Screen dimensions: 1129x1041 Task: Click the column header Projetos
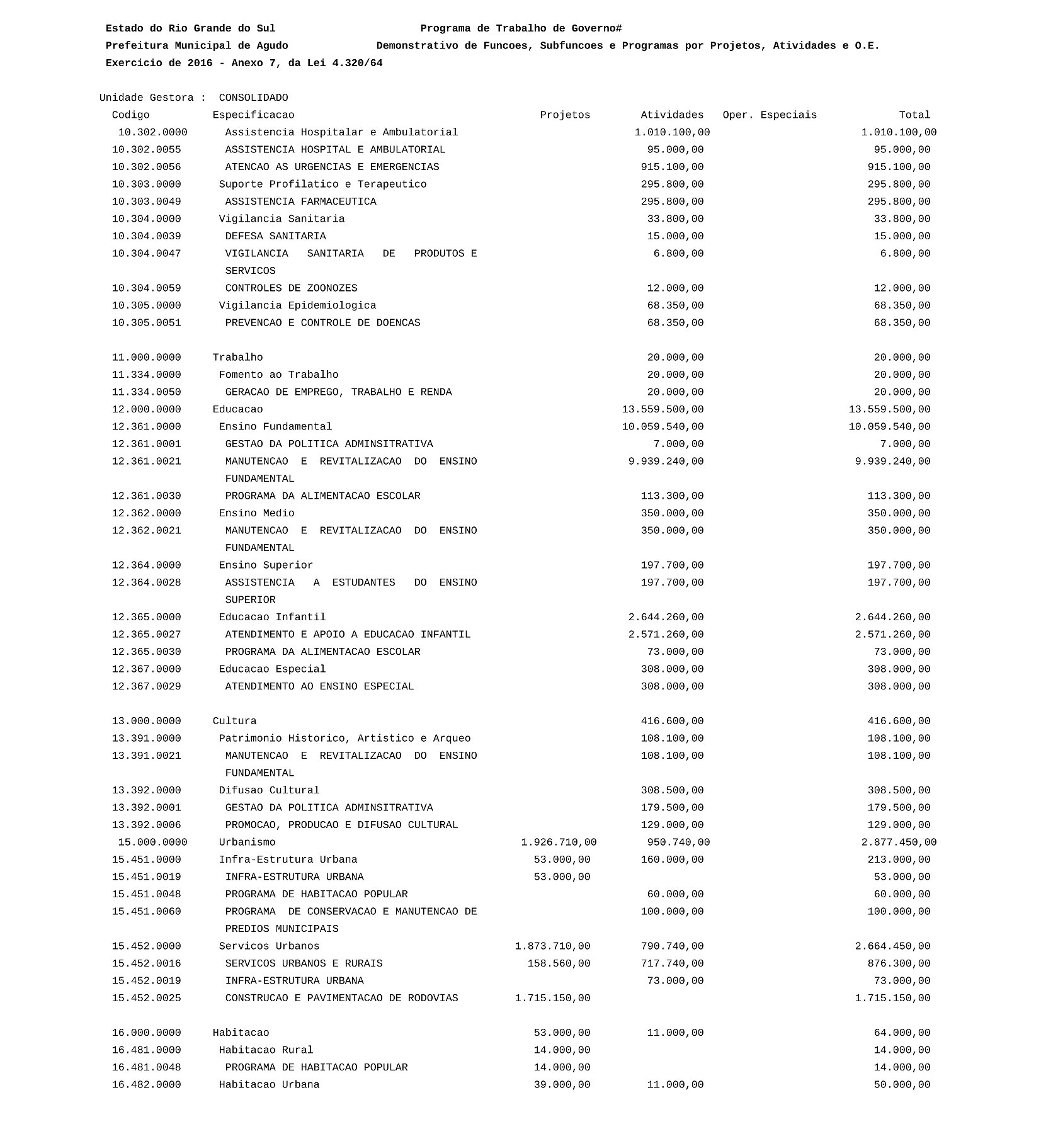coord(565,115)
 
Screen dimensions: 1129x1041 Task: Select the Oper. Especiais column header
coord(770,115)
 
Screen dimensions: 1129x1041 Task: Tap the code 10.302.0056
coord(146,167)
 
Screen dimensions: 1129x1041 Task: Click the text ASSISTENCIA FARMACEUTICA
coord(300,201)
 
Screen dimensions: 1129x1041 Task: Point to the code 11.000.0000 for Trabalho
coord(146,358)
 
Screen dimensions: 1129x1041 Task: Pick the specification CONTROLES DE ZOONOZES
coord(291,288)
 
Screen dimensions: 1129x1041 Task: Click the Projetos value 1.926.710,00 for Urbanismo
coord(559,842)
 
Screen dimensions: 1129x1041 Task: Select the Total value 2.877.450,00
coord(899,842)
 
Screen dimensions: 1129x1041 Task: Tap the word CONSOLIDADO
coord(253,98)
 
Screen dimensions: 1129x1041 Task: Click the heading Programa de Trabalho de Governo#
coord(521,28)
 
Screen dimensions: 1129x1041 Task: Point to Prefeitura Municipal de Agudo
coord(196,45)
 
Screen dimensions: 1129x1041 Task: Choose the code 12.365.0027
coord(146,635)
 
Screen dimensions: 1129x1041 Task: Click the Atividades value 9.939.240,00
coord(666,462)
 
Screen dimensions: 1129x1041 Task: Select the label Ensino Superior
coord(266,565)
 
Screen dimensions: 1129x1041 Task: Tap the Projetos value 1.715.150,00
coord(552,998)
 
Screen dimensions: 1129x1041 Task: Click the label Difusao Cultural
coord(269,790)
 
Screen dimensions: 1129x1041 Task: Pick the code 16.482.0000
coord(146,1085)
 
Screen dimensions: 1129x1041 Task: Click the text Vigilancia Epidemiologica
coord(297,305)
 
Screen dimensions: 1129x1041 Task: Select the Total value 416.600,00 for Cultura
coord(899,721)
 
